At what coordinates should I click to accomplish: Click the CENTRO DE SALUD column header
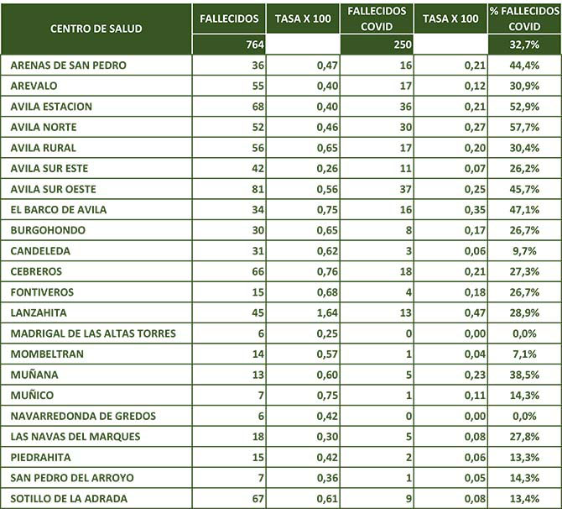(96, 29)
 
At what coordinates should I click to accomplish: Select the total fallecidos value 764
(251, 45)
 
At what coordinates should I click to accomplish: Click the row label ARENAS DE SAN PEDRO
(70, 66)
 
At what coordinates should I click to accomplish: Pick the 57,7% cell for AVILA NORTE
(540, 128)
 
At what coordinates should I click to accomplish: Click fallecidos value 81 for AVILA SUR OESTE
(255, 189)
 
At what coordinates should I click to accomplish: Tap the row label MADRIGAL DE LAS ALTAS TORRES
(93, 333)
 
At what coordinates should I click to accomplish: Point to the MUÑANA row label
(34, 375)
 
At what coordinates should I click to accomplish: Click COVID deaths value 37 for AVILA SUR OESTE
(403, 189)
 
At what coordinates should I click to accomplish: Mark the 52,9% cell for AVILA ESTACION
(540, 107)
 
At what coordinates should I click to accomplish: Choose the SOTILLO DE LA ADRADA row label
(69, 498)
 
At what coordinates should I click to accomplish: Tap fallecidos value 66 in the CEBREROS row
(255, 271)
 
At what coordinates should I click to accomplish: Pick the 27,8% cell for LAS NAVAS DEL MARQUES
(540, 437)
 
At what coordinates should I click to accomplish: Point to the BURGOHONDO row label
(48, 230)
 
